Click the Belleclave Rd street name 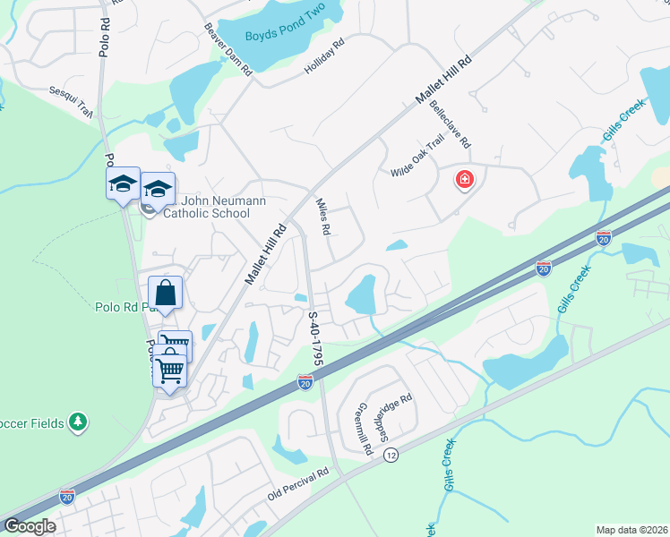450,124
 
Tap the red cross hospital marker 465,180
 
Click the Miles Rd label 323,217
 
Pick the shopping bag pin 166,293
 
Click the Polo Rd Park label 123,307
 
